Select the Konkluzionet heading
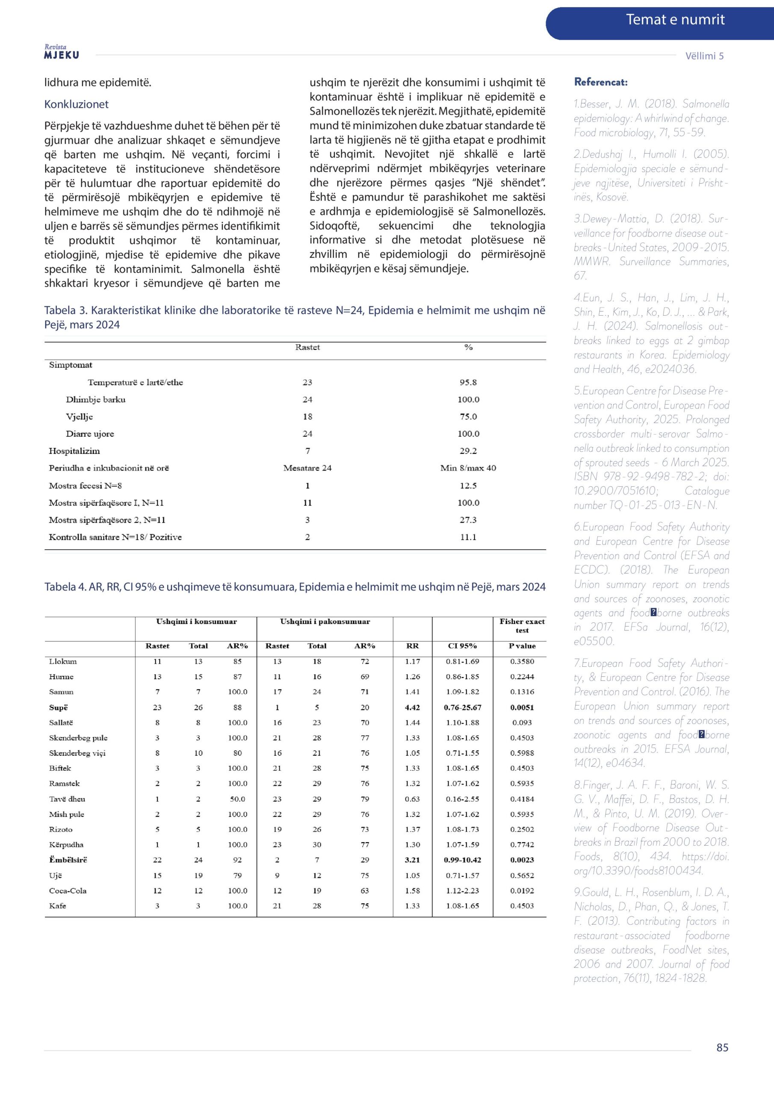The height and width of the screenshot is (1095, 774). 76,104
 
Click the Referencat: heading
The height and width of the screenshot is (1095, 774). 600,82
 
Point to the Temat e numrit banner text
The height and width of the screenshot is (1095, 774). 675,20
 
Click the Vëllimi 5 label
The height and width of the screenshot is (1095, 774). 704,56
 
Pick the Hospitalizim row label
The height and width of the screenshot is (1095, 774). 74,451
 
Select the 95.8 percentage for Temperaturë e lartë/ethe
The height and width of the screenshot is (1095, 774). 468,382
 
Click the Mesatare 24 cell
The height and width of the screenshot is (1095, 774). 307,468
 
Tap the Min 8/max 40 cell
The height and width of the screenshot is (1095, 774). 468,468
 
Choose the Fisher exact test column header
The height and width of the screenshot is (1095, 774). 522,626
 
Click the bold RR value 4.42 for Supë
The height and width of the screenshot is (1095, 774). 412,707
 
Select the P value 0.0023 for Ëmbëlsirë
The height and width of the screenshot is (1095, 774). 522,860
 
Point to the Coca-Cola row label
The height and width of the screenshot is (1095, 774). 68,891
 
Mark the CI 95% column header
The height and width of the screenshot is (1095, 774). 462,646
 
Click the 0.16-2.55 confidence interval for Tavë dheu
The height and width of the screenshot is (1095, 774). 462,799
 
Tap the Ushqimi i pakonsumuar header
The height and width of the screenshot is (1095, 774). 325,621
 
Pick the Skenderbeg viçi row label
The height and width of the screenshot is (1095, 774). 77,753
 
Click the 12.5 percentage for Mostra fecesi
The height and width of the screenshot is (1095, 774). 468,485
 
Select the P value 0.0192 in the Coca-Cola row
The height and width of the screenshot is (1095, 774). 522,891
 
